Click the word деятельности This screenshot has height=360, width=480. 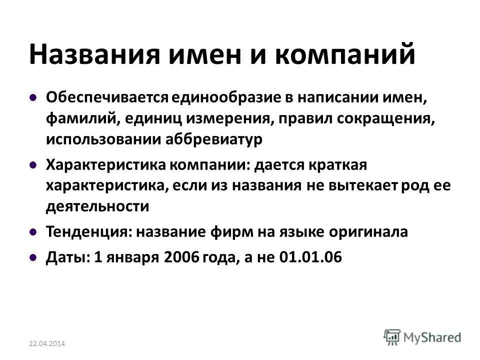(x=97, y=206)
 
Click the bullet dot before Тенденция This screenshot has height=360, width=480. (x=32, y=232)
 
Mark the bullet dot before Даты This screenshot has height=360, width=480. (x=32, y=257)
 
